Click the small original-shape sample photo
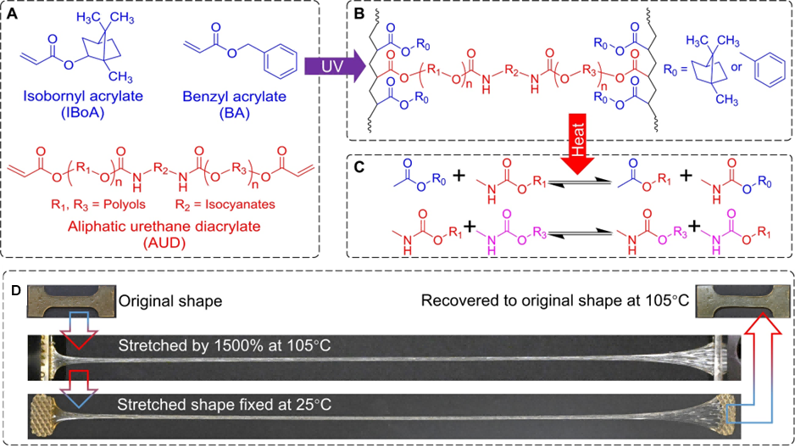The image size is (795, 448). pyautogui.click(x=69, y=302)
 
